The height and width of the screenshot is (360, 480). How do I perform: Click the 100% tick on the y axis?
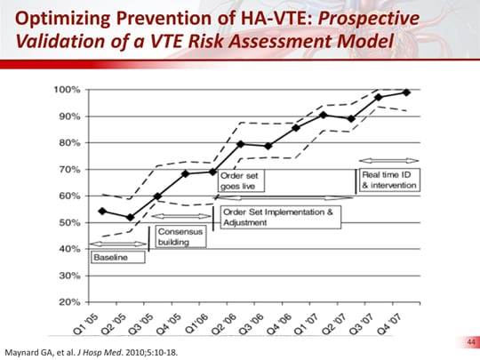(x=68, y=91)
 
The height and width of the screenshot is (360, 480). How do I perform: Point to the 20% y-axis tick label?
(x=70, y=301)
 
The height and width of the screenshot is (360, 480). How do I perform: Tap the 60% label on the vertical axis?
(x=70, y=196)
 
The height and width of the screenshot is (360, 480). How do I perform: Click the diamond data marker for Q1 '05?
(x=102, y=211)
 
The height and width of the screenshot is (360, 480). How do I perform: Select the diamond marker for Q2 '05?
(x=130, y=217)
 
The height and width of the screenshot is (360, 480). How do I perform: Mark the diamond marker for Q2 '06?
(x=241, y=143)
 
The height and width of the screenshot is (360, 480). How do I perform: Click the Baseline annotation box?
(x=110, y=257)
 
